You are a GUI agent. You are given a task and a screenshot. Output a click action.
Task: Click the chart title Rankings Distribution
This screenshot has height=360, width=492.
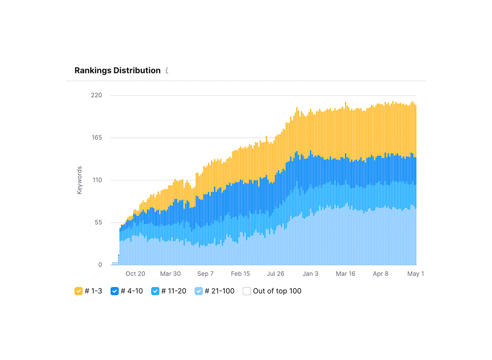117,71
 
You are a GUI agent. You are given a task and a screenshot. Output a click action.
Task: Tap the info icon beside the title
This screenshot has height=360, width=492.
167,71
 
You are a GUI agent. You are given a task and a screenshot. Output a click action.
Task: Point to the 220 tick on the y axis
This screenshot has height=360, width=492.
96,95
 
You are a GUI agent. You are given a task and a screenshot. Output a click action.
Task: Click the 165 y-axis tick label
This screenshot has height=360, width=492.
96,138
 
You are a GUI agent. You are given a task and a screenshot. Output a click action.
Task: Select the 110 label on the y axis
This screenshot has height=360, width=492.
96,180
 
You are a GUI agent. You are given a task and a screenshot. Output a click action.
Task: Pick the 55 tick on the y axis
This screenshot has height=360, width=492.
98,222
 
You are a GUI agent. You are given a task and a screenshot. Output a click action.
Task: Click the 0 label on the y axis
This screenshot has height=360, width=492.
100,265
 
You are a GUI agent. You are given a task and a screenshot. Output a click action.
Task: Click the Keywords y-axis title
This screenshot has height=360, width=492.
80,180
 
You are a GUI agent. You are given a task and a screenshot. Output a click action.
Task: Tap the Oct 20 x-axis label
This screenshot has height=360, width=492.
135,274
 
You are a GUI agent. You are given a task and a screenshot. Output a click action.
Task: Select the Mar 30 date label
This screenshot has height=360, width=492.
170,274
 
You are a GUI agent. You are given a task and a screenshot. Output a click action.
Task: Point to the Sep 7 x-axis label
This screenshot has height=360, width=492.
205,274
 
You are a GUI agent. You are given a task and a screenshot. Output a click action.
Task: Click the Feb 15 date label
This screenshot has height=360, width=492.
240,274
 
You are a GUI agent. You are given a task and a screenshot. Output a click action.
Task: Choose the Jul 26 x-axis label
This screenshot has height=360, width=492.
275,274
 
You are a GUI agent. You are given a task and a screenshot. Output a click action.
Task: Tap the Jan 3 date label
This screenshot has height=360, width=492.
310,274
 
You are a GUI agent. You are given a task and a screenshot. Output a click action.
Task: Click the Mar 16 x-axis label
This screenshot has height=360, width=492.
345,274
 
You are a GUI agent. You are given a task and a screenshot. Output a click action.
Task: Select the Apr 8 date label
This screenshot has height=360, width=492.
381,274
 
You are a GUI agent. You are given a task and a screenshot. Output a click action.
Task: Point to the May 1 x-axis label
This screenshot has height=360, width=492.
416,274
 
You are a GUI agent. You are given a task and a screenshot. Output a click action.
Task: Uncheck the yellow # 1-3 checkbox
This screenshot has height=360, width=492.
78,291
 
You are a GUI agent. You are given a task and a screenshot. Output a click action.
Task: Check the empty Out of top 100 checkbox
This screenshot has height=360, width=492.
246,291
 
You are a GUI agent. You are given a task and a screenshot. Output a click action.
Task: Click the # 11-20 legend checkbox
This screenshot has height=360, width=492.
155,291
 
